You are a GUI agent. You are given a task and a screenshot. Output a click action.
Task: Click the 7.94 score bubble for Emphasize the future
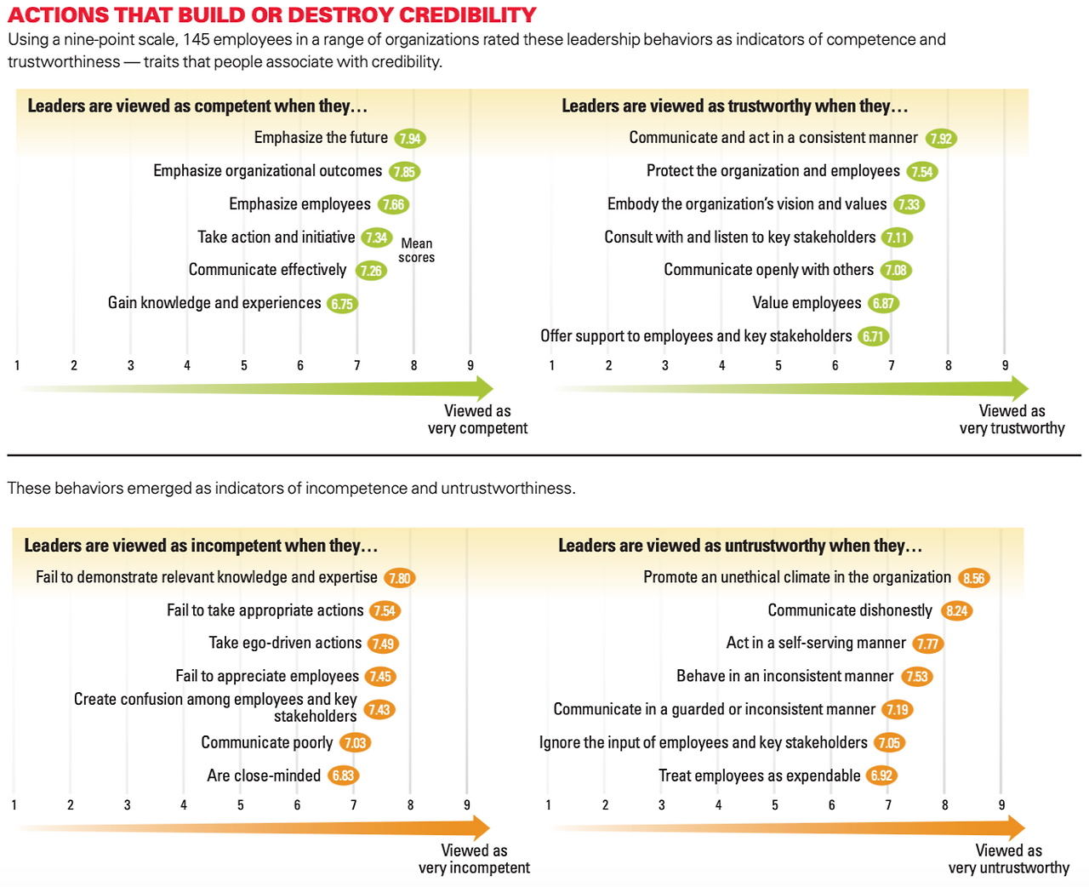pyautogui.click(x=410, y=139)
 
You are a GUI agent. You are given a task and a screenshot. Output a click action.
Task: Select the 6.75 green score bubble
pyautogui.click(x=342, y=304)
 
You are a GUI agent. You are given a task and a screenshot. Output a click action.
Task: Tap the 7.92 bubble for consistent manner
pyautogui.click(x=941, y=139)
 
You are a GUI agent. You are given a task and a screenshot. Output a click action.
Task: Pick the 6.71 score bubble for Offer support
pyautogui.click(x=873, y=336)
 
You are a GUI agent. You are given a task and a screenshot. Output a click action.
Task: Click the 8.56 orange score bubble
pyautogui.click(x=973, y=579)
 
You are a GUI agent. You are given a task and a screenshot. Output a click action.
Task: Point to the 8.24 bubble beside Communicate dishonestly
pyautogui.click(x=957, y=611)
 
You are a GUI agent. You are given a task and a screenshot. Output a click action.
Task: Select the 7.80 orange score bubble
pyautogui.click(x=399, y=579)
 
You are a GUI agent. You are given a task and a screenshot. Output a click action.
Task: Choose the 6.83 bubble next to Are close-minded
pyautogui.click(x=343, y=775)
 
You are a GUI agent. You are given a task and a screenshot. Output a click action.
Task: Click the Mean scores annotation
pyautogui.click(x=417, y=250)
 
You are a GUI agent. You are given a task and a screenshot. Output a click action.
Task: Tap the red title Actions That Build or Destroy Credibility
pyautogui.click(x=272, y=15)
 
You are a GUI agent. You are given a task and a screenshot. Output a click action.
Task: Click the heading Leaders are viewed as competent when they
pyautogui.click(x=197, y=106)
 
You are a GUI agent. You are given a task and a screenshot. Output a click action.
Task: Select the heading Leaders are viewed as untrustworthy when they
pyautogui.click(x=740, y=546)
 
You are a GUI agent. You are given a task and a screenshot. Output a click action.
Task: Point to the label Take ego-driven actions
pyautogui.click(x=285, y=644)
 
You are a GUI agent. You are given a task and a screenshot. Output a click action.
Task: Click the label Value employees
pyautogui.click(x=807, y=303)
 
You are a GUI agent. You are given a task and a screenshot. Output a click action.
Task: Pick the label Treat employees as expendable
pyautogui.click(x=759, y=775)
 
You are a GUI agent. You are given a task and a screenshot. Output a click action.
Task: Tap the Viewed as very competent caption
pyautogui.click(x=477, y=420)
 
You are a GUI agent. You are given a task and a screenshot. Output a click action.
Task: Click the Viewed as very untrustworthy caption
pyautogui.click(x=1009, y=859)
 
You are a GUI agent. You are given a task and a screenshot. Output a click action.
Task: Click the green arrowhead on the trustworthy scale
pyautogui.click(x=1019, y=389)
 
